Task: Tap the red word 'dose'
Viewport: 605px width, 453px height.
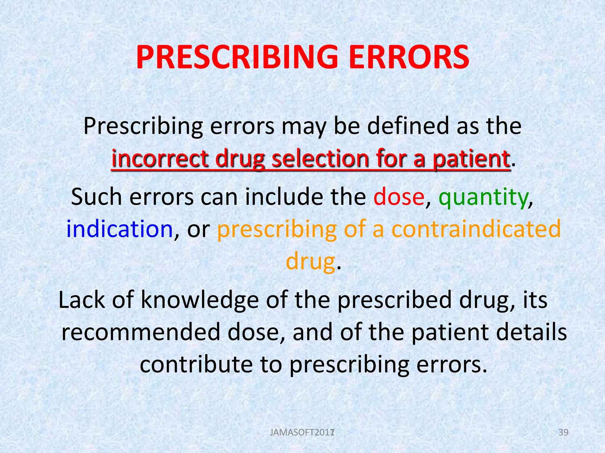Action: [399, 197]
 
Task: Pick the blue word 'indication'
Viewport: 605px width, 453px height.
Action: [120, 229]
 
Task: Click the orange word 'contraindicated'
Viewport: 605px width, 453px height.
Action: [476, 229]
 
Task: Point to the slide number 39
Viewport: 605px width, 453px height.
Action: [563, 432]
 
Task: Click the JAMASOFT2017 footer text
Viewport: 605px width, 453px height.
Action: [302, 433]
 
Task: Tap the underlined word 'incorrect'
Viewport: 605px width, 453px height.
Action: [160, 158]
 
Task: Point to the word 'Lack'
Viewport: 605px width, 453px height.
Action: [82, 300]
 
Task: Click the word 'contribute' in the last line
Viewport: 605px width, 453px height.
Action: [196, 365]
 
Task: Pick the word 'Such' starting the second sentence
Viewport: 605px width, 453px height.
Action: [96, 197]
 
